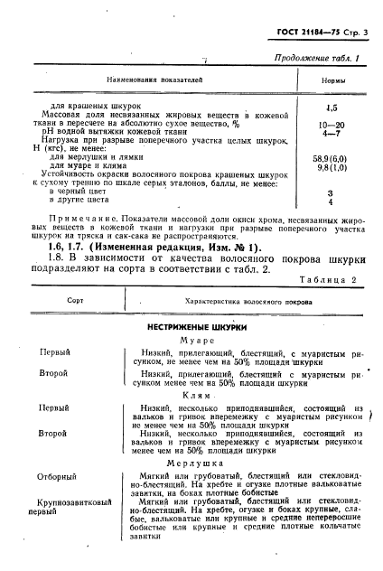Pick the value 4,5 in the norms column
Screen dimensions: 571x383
[x=331, y=106]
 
